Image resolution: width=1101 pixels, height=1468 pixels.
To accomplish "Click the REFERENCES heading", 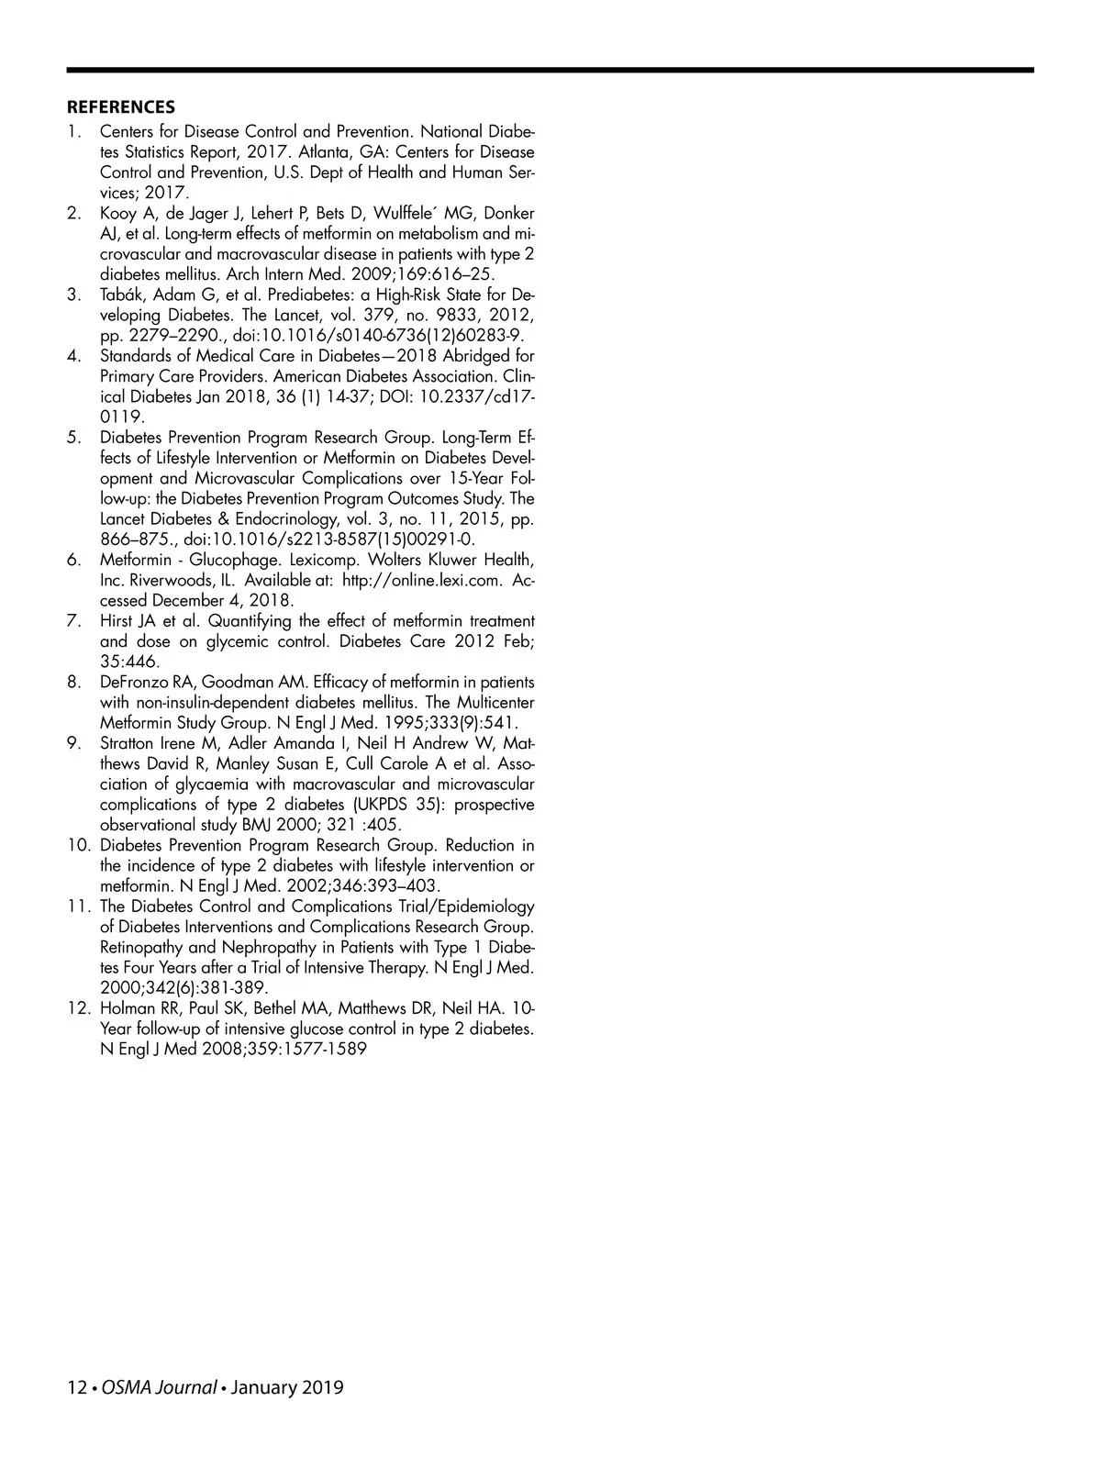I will pyautogui.click(x=120, y=107).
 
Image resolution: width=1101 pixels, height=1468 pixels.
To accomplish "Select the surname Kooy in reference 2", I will pyautogui.click(x=119, y=214).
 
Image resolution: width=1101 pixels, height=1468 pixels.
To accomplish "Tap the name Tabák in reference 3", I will pyautogui.click(x=121, y=295).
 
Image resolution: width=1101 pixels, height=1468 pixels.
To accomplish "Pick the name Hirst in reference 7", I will pyautogui.click(x=117, y=621).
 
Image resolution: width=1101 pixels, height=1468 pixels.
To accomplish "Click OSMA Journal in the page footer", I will pyautogui.click(x=159, y=1387).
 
